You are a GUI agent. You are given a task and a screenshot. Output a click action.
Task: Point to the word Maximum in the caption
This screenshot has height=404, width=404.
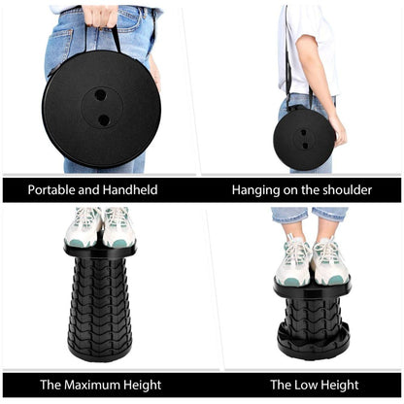coord(93,385)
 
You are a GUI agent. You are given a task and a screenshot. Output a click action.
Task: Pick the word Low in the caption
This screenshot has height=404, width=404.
coord(305,385)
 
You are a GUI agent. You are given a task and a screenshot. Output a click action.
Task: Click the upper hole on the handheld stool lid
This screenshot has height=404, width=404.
coord(100,95)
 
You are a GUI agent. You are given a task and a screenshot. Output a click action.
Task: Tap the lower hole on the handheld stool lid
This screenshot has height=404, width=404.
coord(104,120)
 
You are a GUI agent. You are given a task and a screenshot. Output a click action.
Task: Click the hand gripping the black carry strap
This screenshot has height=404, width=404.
coord(100,16)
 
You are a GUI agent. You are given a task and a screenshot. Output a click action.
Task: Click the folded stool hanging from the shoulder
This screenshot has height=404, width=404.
coord(304,139)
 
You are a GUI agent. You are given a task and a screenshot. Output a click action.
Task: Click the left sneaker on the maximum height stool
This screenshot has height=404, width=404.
coord(83,227)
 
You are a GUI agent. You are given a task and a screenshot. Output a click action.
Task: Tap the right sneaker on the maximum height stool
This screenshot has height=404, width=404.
coord(118,228)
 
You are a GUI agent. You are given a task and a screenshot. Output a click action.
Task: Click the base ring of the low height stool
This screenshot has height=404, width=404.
coord(314,342)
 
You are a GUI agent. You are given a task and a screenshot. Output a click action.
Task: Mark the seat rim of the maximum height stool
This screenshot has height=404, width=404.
coord(100,251)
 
